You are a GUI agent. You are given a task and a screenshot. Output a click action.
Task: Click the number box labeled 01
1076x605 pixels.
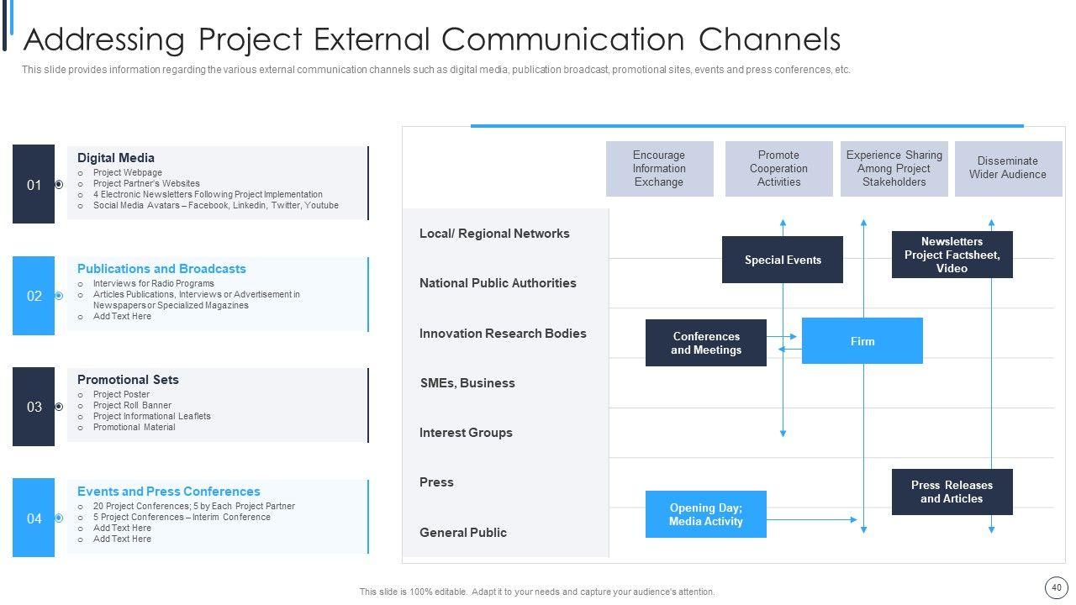tap(34, 184)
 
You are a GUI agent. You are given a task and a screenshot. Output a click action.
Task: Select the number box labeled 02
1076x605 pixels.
tap(34, 296)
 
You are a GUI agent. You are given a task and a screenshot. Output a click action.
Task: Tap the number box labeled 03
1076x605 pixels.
tap(34, 407)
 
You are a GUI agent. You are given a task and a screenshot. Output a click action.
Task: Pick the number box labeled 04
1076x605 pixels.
tap(34, 518)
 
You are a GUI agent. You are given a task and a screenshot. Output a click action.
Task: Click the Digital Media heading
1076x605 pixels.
tap(116, 158)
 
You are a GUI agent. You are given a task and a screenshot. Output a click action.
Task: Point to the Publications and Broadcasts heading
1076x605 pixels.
tap(161, 269)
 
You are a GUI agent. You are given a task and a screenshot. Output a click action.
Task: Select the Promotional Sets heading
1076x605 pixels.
tap(128, 380)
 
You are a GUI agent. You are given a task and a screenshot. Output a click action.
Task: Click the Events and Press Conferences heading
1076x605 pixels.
tap(169, 492)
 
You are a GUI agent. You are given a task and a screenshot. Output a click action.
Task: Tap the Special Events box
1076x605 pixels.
tap(782, 260)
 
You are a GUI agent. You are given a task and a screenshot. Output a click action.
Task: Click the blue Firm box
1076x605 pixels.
tap(862, 341)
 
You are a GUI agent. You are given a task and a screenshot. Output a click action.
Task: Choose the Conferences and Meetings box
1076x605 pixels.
tap(705, 343)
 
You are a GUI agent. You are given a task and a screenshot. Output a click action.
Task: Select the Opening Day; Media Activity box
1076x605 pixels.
tap(705, 514)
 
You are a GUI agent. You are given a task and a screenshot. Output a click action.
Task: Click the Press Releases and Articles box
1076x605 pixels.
tap(952, 492)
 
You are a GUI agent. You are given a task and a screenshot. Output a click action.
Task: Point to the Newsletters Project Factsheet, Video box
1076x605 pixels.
tap(952, 255)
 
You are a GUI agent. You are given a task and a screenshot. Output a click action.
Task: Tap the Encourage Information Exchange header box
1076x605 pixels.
tap(659, 169)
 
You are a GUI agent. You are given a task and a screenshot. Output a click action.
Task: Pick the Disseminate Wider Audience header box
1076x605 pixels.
tap(1007, 168)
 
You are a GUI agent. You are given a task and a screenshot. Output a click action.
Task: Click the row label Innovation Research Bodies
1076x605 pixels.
tap(503, 334)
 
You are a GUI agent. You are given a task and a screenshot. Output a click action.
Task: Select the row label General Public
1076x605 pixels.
tap(463, 533)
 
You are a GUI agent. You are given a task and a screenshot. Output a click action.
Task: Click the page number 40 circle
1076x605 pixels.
tap(1056, 587)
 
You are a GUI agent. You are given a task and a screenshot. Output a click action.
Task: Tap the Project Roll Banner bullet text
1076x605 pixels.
tap(132, 405)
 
